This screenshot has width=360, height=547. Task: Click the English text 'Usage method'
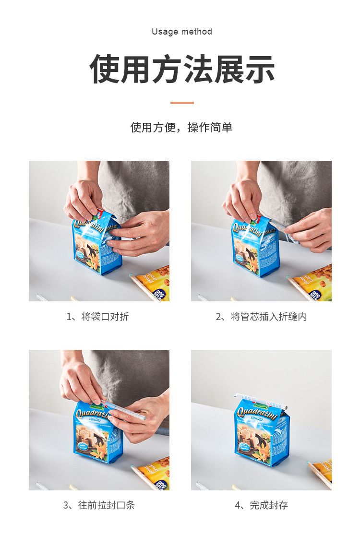point(181,32)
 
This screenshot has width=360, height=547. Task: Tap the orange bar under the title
point(182,103)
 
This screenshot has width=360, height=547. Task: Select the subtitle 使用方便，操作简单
point(181,128)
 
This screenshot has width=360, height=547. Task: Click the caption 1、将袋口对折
point(97,317)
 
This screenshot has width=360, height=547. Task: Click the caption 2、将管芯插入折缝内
point(261,317)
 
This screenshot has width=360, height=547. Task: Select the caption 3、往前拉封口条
point(99,505)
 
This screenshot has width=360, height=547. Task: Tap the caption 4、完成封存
point(261,505)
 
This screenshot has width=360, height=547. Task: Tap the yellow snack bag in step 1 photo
point(153,283)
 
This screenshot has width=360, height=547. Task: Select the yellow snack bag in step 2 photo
point(314,283)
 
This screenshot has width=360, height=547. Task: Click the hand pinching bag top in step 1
point(84,199)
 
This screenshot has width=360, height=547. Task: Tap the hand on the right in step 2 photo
point(310,230)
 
